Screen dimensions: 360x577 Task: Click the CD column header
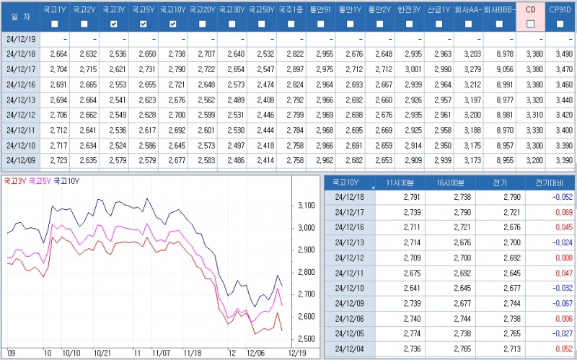(531, 10)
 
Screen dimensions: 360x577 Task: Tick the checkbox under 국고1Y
(55, 24)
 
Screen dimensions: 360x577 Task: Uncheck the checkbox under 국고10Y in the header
(172, 24)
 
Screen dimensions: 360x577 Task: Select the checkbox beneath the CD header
(531, 24)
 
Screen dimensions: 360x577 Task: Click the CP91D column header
(560, 10)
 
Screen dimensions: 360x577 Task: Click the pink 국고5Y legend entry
(40, 181)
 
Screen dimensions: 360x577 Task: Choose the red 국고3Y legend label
(14, 181)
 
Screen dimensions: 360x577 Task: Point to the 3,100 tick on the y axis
(306, 206)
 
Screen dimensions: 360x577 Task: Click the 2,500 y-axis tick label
(306, 339)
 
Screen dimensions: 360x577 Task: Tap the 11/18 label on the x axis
(193, 353)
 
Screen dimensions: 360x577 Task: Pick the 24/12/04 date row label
(350, 348)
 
